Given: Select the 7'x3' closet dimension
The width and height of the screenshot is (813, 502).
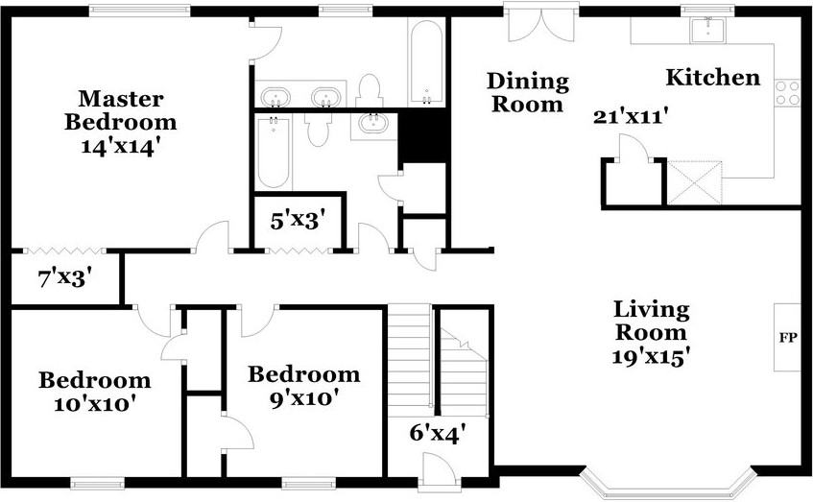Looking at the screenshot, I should click(x=64, y=280).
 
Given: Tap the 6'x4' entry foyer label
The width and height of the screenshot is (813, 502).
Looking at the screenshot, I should click(x=437, y=433).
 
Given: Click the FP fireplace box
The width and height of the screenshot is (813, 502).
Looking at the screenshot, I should click(x=787, y=337).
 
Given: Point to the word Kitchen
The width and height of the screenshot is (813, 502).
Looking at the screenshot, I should click(x=713, y=78).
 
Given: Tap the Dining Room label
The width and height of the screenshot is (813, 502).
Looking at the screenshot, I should click(x=527, y=92).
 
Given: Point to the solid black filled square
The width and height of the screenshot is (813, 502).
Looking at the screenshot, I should click(x=422, y=136).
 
